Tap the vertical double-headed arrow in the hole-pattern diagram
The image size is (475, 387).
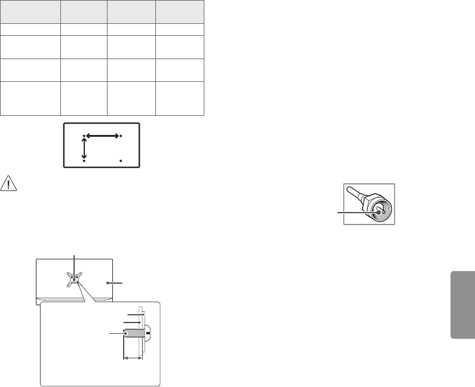tap(84, 147)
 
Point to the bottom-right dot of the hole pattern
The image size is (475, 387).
tap(121, 161)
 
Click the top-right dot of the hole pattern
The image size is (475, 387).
tap(121, 136)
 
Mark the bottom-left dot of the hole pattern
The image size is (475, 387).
tap(84, 161)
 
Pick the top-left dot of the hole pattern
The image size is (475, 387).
tap(84, 136)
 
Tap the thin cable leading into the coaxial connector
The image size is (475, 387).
tap(356, 193)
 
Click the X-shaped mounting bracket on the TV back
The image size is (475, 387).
tap(74, 278)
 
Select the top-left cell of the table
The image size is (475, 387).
tap(30, 12)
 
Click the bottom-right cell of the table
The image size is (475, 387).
tap(180, 98)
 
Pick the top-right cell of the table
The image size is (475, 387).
tap(180, 12)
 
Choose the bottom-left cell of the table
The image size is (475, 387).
tap(30, 98)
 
